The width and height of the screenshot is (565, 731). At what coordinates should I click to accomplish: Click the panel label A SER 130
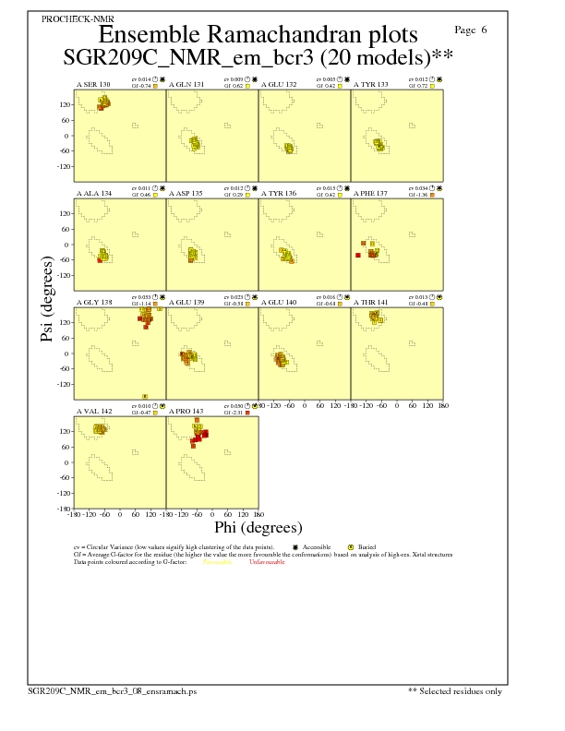tap(92, 84)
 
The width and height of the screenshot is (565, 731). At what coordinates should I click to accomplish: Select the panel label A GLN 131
tap(185, 84)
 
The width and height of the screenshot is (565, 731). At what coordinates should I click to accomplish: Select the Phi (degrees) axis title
tap(258, 528)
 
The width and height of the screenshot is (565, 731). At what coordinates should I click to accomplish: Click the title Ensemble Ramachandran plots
tap(258, 35)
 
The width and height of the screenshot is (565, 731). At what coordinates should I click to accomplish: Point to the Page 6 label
tap(471, 30)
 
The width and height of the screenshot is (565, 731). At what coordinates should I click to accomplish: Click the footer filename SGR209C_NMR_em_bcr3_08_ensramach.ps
tap(112, 690)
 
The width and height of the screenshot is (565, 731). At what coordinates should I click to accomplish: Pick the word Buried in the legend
tap(368, 547)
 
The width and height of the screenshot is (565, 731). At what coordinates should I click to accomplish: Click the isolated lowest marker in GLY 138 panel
tap(145, 396)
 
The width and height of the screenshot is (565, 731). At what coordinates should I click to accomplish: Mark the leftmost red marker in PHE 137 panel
tap(357, 255)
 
